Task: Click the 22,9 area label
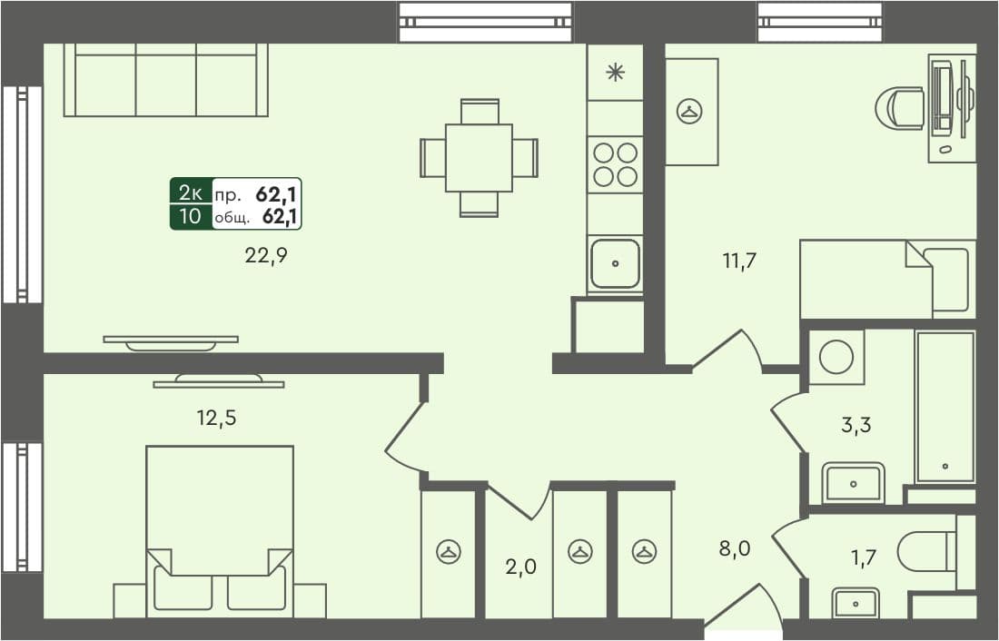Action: coord(266,255)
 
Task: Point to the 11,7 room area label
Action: coord(739,261)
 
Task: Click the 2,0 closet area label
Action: coord(520,567)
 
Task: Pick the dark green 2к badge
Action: coord(191,192)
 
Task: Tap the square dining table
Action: coord(479,158)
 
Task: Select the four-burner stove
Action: coord(616,163)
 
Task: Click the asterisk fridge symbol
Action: coord(616,73)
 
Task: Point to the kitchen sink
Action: coord(616,264)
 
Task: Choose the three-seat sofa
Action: coord(165,82)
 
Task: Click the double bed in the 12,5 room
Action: coord(220,527)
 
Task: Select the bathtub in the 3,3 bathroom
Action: coord(945,407)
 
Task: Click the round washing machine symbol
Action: coord(836,357)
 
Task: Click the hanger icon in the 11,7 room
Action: coord(690,112)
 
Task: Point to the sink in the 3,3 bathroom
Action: coord(853,482)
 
